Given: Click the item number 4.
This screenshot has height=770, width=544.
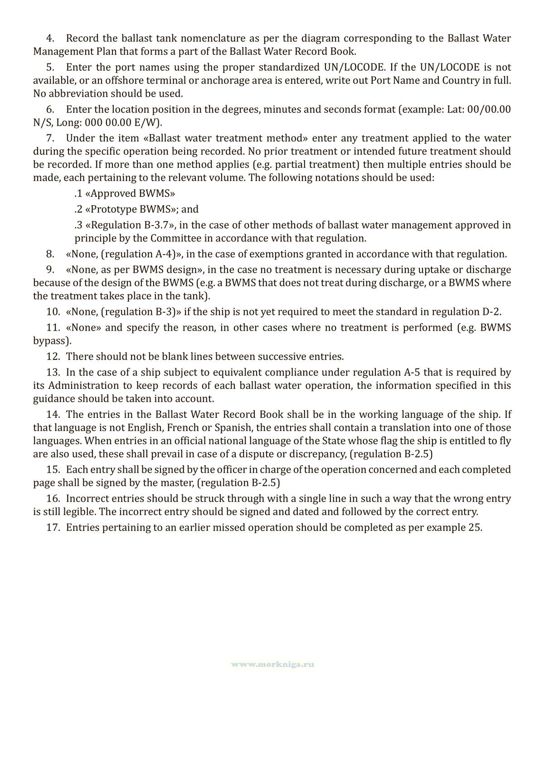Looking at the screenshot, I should click(50, 39).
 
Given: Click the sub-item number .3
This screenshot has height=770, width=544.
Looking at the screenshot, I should click(79, 226).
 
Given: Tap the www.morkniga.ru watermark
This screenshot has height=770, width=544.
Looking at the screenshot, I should click(272, 665).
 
